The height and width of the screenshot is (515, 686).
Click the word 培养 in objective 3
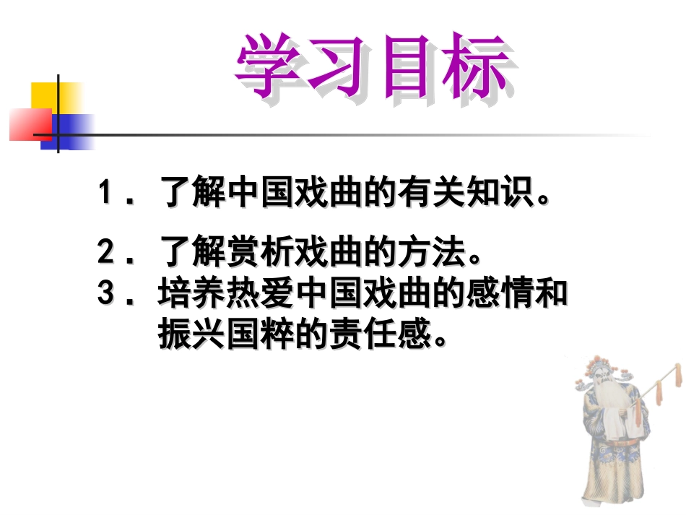click(x=192, y=294)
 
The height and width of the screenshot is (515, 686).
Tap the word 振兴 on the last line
click(x=192, y=334)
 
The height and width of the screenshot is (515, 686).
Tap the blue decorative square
click(x=69, y=131)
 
